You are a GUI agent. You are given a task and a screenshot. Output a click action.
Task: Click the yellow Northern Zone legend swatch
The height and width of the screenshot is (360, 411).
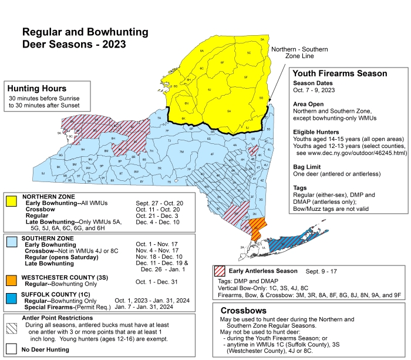[x=11, y=202]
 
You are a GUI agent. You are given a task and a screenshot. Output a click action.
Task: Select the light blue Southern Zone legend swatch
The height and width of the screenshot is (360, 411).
[x=11, y=241]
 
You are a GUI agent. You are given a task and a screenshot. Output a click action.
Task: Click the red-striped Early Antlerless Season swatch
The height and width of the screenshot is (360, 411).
[x=220, y=272]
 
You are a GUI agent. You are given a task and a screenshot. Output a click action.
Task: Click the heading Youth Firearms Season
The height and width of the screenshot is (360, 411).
[x=339, y=73]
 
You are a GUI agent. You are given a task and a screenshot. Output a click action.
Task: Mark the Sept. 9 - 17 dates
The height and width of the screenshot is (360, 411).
[x=321, y=272]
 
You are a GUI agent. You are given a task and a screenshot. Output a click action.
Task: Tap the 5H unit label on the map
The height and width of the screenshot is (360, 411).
[x=228, y=110]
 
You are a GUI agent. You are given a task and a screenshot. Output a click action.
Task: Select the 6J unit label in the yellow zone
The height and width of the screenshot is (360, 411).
[x=209, y=90]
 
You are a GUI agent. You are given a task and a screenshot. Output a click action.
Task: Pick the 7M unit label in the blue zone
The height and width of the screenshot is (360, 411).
[x=181, y=152]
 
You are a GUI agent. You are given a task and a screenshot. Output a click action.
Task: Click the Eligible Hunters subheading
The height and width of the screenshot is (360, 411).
[x=316, y=132]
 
